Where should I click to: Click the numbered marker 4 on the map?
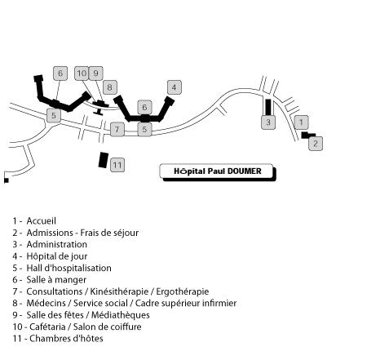tap(175, 87)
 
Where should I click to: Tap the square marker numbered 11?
tap(117, 165)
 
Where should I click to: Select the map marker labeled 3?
tap(268, 122)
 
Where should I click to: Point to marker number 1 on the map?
tap(301, 122)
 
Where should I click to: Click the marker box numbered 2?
tap(316, 144)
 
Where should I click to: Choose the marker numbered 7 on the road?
tap(117, 129)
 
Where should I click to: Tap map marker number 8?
tap(110, 87)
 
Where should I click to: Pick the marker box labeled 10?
tap(82, 73)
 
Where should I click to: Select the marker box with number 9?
tap(96, 73)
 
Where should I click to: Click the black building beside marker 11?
tap(104, 160)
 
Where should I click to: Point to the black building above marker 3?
tap(268, 107)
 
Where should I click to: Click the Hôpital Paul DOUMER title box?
tap(218, 172)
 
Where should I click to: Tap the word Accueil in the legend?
tap(42, 221)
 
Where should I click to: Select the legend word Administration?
tap(57, 244)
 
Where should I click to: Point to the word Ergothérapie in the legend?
tap(183, 291)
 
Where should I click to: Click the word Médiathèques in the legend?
tap(121, 315)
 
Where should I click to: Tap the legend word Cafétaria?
tap(47, 327)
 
